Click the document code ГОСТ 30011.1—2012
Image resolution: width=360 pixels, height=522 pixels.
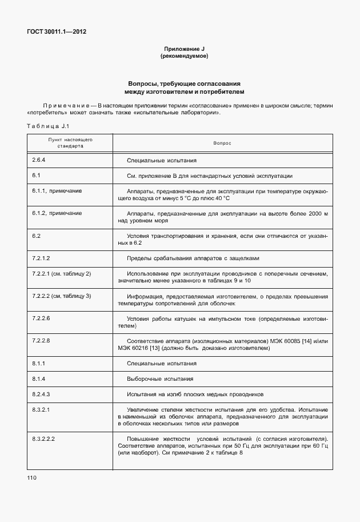point(57,32)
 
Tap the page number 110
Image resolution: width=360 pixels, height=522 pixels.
point(31,477)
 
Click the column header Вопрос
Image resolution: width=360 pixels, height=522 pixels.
point(222,143)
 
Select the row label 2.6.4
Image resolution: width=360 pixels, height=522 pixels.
point(39,160)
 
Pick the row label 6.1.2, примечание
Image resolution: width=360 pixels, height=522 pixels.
point(57,213)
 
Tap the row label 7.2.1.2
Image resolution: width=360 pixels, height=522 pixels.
point(41,258)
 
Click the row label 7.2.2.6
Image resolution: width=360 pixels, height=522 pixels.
point(41,318)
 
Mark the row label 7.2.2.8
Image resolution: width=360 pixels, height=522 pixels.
point(41,340)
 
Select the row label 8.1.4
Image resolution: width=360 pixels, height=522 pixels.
point(38,378)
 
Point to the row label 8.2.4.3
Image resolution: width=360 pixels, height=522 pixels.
point(41,394)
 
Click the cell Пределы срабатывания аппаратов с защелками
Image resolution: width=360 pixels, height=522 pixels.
point(196,258)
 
